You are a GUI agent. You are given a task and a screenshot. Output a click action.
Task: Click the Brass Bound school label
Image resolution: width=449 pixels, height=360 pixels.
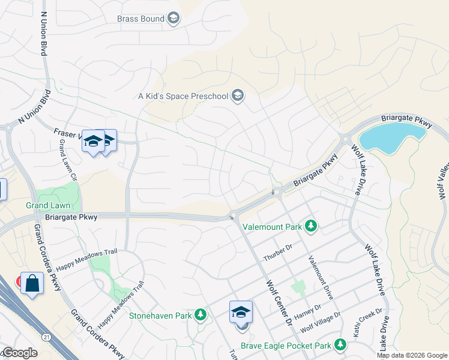click(x=140, y=19)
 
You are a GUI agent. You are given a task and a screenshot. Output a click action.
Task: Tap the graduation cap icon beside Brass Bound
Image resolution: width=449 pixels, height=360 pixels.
click(x=173, y=19)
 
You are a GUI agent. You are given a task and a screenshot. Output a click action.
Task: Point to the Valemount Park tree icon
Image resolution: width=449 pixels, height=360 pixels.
click(x=310, y=226)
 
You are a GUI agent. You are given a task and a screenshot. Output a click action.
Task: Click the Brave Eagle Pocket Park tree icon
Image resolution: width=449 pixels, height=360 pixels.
click(x=340, y=344)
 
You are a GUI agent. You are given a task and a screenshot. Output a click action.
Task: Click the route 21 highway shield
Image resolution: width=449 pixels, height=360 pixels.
click(x=47, y=338)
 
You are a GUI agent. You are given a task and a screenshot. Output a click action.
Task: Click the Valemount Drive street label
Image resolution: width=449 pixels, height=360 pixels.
click(x=321, y=277)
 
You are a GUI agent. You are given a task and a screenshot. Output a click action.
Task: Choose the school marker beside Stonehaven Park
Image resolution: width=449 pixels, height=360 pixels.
click(x=241, y=313)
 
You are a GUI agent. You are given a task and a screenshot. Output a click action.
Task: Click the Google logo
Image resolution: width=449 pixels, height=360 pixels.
click(x=19, y=353)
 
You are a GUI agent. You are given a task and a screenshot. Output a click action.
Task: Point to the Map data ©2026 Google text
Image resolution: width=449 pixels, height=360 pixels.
click(x=412, y=355)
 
